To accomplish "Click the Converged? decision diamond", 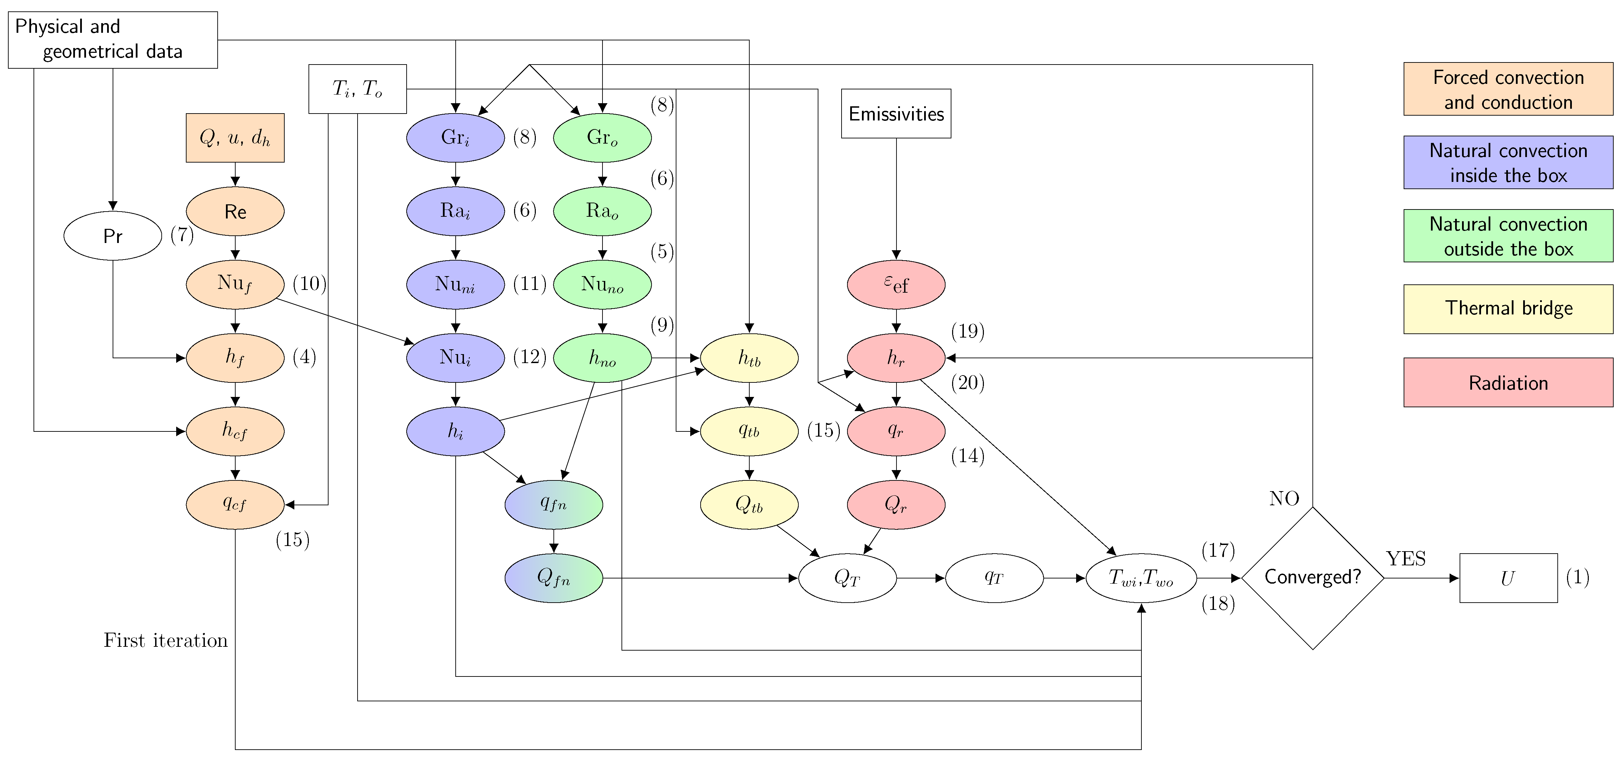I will click(x=1312, y=577).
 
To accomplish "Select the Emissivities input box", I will click(x=896, y=114).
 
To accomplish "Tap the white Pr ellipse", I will click(x=113, y=236).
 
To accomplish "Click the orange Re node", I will click(x=235, y=212).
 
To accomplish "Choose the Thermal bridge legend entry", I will click(x=1508, y=309).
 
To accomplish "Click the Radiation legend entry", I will click(x=1508, y=383).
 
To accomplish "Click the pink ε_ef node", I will click(x=896, y=285).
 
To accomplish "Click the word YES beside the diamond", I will click(x=1406, y=558).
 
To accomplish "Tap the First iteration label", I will click(x=166, y=640).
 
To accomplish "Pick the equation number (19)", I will click(x=968, y=331).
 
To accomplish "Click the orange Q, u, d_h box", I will click(x=235, y=138).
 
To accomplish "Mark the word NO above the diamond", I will click(x=1284, y=499).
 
